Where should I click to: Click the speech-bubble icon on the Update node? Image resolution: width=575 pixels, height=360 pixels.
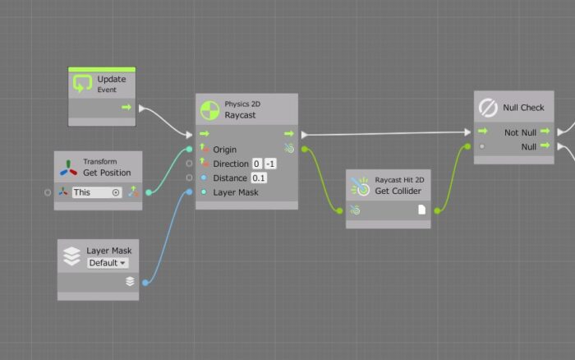[82, 84]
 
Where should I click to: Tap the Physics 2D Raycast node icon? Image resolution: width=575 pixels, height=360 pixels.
[209, 109]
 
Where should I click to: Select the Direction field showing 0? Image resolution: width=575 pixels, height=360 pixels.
[257, 164]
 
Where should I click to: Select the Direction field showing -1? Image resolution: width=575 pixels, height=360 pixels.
[270, 164]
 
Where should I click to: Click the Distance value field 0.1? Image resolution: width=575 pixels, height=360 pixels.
[259, 178]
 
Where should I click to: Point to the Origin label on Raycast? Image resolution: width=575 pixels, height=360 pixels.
[224, 150]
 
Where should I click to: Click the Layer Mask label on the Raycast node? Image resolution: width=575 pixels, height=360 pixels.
[235, 192]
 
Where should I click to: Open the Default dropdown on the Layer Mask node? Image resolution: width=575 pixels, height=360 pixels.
[108, 263]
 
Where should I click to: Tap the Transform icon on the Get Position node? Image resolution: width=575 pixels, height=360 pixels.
[68, 167]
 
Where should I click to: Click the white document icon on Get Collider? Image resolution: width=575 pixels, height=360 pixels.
[422, 210]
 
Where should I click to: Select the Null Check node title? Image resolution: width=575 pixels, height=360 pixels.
[523, 108]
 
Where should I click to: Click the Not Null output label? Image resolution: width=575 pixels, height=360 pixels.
[519, 132]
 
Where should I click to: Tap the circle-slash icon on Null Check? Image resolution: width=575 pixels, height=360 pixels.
[488, 108]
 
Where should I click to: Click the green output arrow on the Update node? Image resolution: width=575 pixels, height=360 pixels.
[126, 107]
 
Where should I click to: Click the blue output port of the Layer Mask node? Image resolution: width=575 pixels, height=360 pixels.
[145, 283]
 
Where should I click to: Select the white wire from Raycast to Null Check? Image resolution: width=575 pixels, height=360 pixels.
[386, 133]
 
